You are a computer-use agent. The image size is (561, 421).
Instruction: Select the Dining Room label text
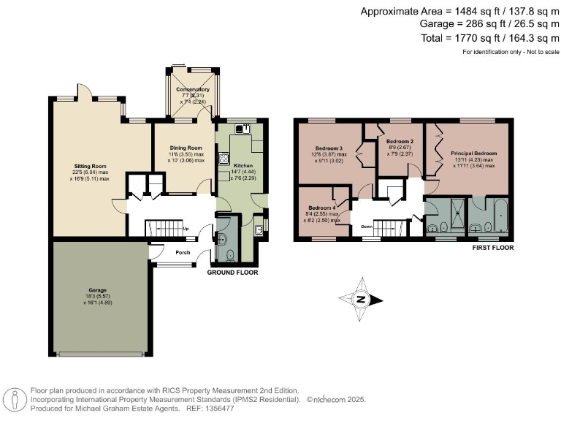(186, 146)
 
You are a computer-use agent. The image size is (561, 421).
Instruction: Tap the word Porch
(183, 254)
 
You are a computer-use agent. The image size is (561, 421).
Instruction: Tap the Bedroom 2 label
(400, 140)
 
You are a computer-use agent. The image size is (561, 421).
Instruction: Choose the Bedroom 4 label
(322, 208)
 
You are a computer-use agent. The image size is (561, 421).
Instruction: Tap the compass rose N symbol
(360, 298)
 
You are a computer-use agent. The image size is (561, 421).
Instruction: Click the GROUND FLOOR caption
(233, 272)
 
